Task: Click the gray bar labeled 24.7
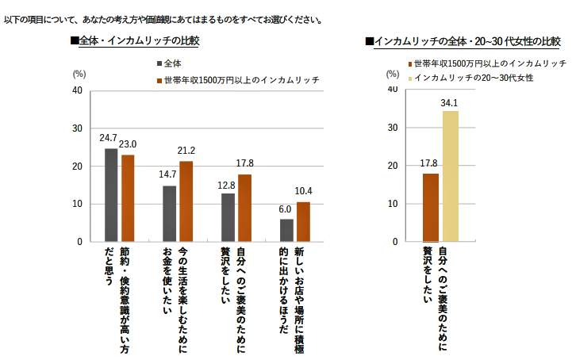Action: (x=111, y=195)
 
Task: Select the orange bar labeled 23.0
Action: (x=128, y=198)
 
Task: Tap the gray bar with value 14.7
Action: (x=170, y=214)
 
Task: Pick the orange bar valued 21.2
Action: (x=186, y=201)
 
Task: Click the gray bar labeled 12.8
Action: (x=228, y=217)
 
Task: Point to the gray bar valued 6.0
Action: (x=286, y=230)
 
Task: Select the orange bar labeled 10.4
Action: (x=302, y=222)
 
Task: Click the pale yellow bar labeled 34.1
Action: (x=451, y=176)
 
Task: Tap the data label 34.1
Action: (x=451, y=103)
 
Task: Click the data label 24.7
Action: (x=109, y=138)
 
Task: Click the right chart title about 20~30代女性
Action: (x=463, y=40)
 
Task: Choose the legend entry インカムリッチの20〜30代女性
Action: (x=470, y=77)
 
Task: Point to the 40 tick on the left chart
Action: (x=77, y=90)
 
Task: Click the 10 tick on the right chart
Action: (x=393, y=204)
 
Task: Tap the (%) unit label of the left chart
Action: (x=79, y=73)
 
